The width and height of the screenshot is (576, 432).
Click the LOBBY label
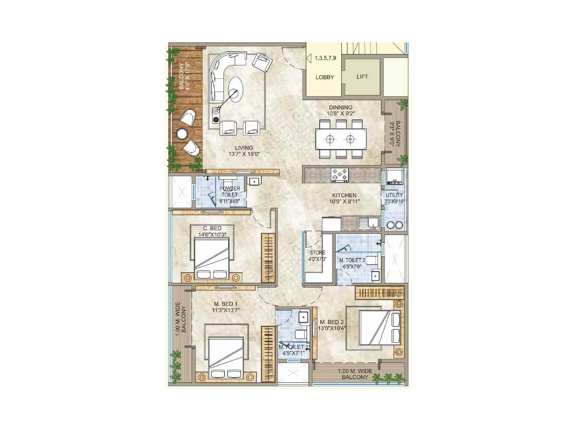[325, 77]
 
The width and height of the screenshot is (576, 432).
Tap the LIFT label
[362, 77]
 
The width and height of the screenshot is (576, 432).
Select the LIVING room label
[244, 148]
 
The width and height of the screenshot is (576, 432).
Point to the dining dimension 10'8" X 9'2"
[341, 113]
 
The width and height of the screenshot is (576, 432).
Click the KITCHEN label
[344, 195]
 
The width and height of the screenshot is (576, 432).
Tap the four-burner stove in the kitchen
[339, 175]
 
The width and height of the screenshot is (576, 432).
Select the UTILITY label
[394, 195]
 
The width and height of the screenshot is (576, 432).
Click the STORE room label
[318, 252]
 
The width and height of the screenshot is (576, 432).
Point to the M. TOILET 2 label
[352, 260]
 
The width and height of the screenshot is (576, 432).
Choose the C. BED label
[212, 228]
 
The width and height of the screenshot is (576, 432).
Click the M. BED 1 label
[225, 304]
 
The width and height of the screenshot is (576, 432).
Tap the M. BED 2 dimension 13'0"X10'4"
[332, 328]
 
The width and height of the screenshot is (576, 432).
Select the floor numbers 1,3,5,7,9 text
[325, 58]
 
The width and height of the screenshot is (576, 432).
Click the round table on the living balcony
[182, 134]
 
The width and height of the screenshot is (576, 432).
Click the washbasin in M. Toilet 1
[303, 317]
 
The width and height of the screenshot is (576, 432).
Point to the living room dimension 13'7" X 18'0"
[244, 154]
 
